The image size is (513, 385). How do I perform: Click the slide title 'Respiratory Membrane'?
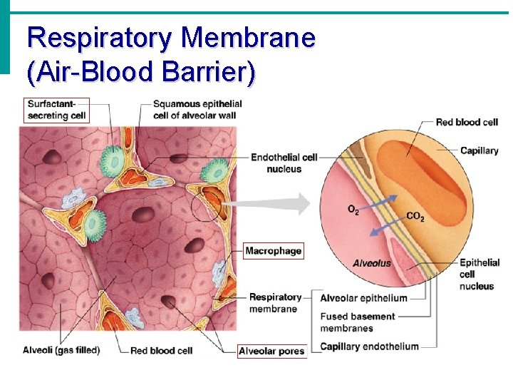point(171,37)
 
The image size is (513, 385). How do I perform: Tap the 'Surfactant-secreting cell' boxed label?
point(56,110)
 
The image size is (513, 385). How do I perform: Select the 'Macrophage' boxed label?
point(274,250)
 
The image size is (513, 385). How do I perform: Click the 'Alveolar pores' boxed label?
point(271,351)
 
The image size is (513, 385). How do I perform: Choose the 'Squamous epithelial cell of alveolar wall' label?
point(197,110)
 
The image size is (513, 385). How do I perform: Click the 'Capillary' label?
point(479,150)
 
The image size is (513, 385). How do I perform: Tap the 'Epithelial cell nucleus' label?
point(479,274)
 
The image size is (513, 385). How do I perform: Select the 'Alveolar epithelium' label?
point(363,298)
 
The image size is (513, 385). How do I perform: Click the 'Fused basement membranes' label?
point(357,322)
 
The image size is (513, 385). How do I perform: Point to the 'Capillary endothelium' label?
point(369,346)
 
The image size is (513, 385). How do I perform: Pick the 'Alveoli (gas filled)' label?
point(61,350)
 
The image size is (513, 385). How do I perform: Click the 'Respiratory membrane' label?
point(274,303)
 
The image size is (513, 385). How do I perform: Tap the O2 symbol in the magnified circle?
point(353,210)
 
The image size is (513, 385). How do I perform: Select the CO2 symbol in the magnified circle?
point(415,216)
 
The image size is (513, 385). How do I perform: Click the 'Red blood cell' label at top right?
point(467,122)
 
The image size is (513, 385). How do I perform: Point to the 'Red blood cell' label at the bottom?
point(161,350)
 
